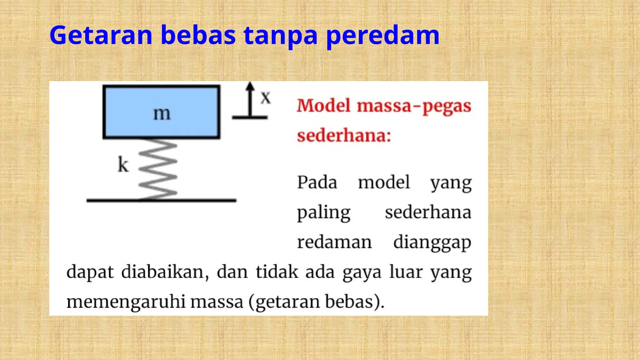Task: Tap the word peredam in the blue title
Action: (382, 36)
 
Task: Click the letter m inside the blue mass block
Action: (162, 113)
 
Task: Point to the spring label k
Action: (123, 164)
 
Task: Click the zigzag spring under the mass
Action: (158, 169)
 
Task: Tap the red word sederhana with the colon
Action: (344, 136)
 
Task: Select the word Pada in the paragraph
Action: (317, 182)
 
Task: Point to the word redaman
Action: (334, 242)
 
